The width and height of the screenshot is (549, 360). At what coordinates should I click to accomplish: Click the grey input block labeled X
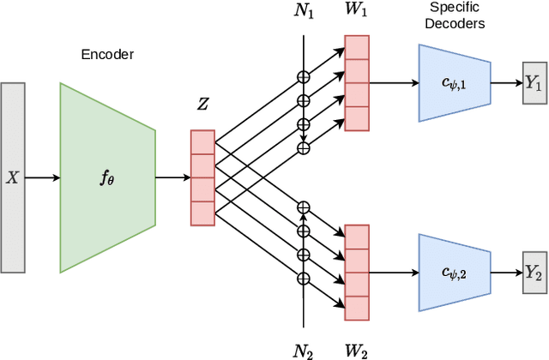click(13, 178)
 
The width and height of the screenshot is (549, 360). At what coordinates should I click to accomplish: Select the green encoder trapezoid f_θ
click(107, 178)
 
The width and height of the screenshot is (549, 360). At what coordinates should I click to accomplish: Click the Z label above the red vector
click(202, 105)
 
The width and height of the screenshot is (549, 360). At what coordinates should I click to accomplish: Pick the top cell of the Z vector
click(202, 141)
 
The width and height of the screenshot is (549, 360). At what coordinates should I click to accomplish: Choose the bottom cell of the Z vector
click(202, 213)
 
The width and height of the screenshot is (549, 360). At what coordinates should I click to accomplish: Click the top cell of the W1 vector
click(356, 47)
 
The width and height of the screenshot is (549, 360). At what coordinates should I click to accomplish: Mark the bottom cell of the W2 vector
click(356, 305)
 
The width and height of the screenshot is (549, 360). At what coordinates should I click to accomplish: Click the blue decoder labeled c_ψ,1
click(454, 83)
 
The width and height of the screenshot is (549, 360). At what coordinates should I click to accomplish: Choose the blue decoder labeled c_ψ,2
click(454, 272)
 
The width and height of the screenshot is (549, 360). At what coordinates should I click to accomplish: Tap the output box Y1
click(534, 84)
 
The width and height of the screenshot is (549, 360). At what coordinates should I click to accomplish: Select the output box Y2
click(534, 272)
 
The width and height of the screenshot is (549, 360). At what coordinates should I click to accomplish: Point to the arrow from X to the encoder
click(42, 178)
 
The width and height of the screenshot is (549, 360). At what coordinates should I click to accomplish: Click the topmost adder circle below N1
click(302, 76)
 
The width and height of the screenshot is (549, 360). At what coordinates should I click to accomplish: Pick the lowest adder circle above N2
click(302, 279)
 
